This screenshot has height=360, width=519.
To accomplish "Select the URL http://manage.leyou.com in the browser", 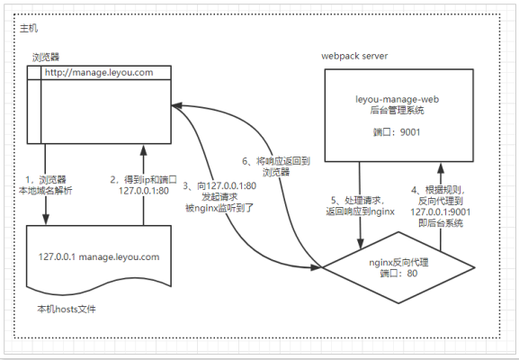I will pyautogui.click(x=100, y=72).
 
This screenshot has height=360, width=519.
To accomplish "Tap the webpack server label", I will pyautogui.click(x=354, y=56).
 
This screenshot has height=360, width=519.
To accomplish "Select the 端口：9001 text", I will pyautogui.click(x=398, y=132).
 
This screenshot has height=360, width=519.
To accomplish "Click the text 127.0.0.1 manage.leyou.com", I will pyautogui.click(x=99, y=256).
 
